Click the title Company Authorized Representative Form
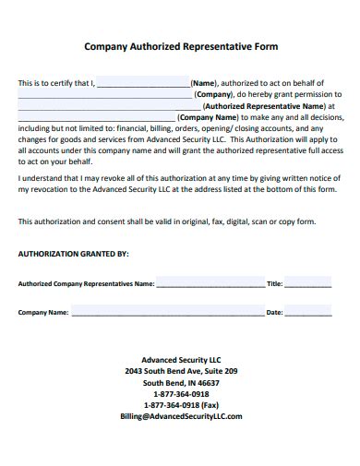pos(181,44)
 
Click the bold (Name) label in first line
pos(205,82)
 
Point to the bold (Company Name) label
pos(211,118)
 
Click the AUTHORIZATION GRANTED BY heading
pos(74,252)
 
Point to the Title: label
pos(274,284)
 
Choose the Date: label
pos(274,313)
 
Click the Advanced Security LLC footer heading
pos(181,360)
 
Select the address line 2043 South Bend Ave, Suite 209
pos(181,371)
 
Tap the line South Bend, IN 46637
pos(181,382)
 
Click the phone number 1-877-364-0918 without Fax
pos(181,393)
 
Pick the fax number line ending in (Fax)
pos(181,404)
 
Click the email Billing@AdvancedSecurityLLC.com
pos(181,416)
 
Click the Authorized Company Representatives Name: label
pos(86,284)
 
